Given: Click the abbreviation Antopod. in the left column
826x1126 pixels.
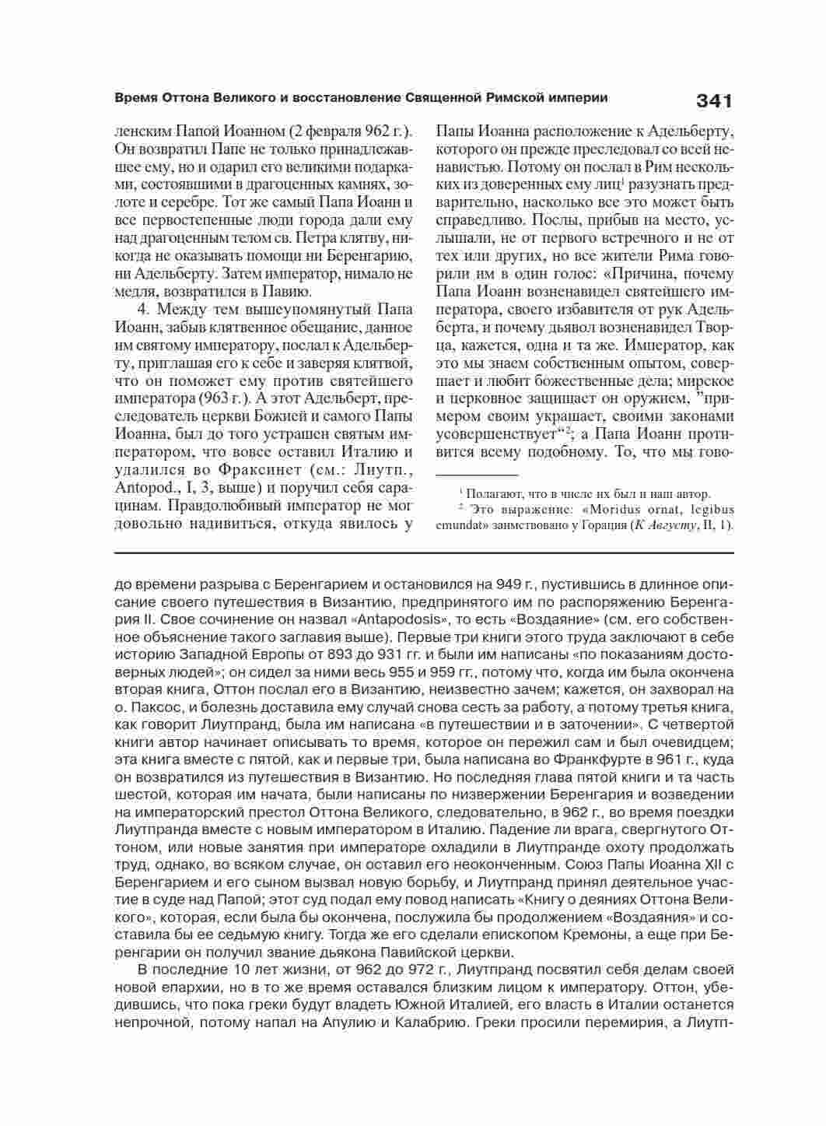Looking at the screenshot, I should [x=145, y=488].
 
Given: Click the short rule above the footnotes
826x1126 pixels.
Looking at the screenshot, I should [x=476, y=474].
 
